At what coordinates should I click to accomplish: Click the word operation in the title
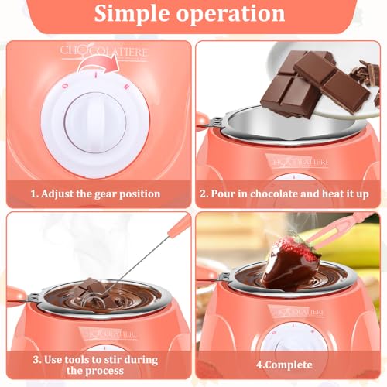pyautogui.click(x=238, y=15)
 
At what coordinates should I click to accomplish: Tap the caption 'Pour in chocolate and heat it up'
pyautogui.click(x=293, y=193)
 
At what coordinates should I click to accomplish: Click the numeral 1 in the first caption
pyautogui.click(x=33, y=193)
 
